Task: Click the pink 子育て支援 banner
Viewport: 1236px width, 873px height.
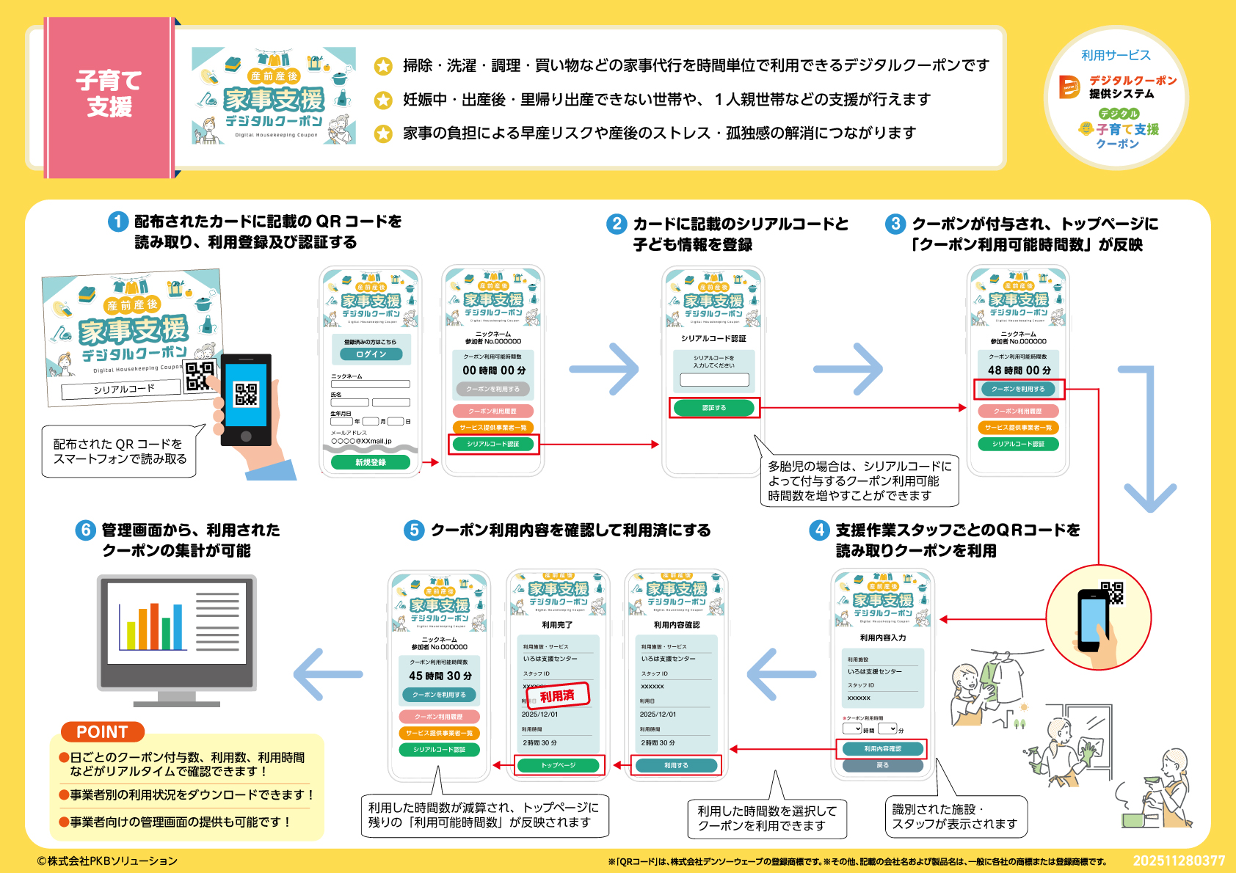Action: click(110, 95)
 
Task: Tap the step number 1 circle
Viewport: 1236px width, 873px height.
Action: click(118, 222)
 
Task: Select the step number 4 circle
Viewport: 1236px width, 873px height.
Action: click(819, 530)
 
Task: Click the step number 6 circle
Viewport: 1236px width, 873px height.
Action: click(86, 530)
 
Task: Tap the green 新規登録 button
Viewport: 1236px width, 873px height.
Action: click(371, 462)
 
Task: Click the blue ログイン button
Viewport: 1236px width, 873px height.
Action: click(371, 354)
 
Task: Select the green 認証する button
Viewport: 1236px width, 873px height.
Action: click(713, 408)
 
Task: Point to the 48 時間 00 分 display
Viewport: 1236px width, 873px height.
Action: click(1019, 370)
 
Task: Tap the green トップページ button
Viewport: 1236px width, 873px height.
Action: click(559, 765)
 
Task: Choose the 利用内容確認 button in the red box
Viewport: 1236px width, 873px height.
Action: click(882, 749)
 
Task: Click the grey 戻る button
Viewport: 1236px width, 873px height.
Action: click(882, 765)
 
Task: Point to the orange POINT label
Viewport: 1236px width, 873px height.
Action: click(102, 732)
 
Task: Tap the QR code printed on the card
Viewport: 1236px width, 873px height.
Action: click(199, 376)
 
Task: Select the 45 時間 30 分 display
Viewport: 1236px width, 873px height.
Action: click(440, 676)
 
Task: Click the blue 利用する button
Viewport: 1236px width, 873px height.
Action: click(676, 765)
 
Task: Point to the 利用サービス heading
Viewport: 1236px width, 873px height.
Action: click(1116, 56)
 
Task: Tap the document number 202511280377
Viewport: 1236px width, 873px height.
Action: click(1179, 861)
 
